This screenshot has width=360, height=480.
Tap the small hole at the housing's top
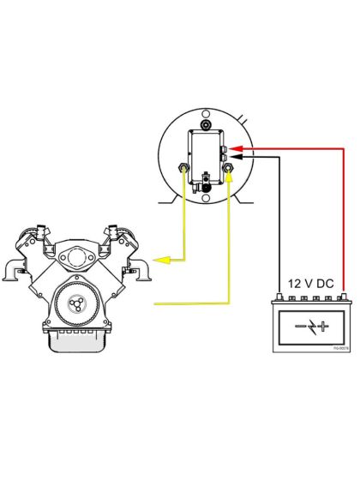207,113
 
